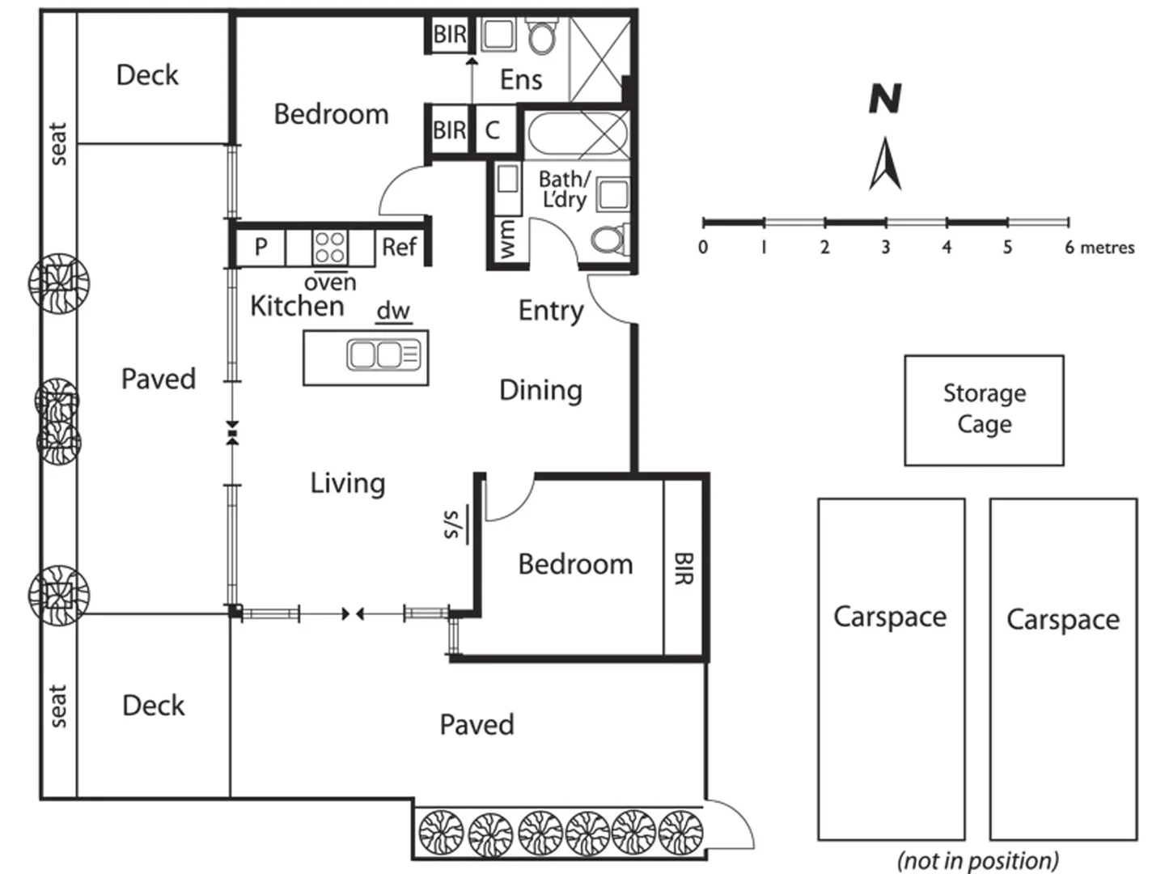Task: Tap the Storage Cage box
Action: (984, 409)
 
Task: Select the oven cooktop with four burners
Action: (329, 246)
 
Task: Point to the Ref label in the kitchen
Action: (399, 247)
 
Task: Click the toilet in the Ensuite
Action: (541, 36)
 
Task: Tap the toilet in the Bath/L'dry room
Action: (608, 240)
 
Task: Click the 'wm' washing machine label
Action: (507, 240)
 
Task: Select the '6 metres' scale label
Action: (1099, 248)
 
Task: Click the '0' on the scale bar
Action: (703, 247)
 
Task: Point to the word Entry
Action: (551, 311)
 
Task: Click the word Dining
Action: (540, 390)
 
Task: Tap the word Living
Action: (348, 483)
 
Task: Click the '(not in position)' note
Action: (977, 859)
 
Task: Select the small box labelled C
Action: (493, 130)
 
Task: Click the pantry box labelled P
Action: (261, 247)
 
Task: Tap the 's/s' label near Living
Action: (451, 524)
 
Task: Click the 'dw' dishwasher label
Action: (393, 311)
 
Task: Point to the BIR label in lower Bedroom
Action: (684, 568)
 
